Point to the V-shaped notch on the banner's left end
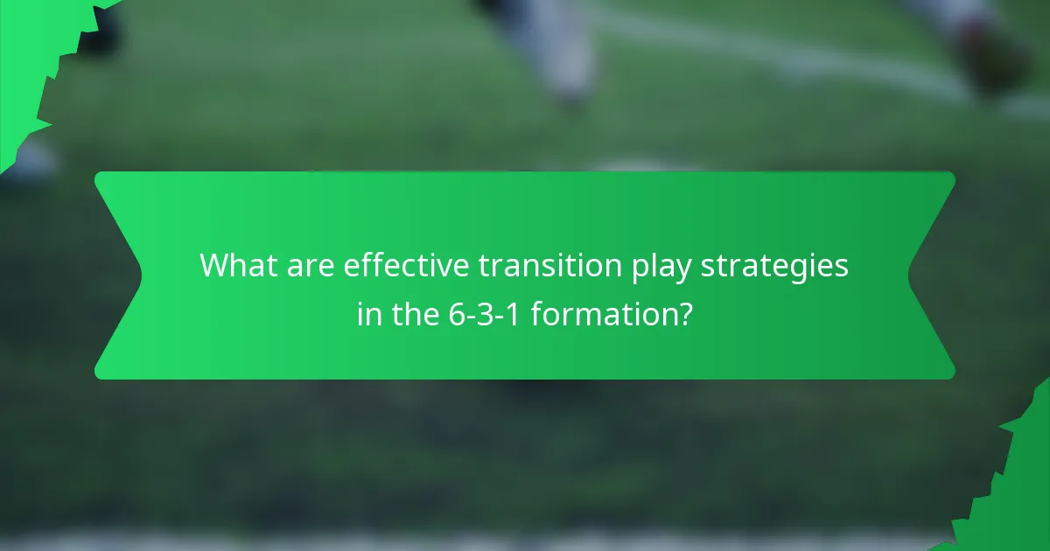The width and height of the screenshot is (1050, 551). [x=131, y=275]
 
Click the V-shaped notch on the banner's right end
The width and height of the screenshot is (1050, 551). [x=919, y=275]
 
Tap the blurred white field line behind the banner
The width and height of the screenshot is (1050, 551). [x=787, y=52]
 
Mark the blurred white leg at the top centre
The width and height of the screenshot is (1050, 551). [x=560, y=44]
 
